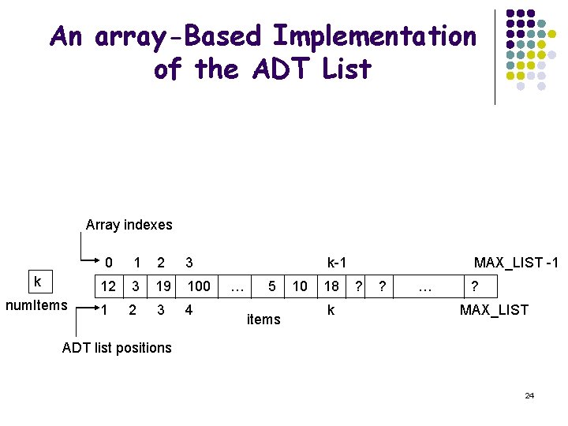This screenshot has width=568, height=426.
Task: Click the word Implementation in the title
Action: pyautogui.click(x=374, y=36)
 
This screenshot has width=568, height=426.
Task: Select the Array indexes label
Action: pyautogui.click(x=129, y=225)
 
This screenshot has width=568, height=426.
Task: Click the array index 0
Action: pyautogui.click(x=109, y=262)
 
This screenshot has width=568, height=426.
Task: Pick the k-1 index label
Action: pyautogui.click(x=338, y=262)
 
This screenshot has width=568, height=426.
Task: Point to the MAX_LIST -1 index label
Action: pyautogui.click(x=516, y=262)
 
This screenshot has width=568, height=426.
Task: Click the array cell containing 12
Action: pyautogui.click(x=108, y=286)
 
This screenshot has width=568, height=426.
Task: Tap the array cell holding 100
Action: pyautogui.click(x=199, y=286)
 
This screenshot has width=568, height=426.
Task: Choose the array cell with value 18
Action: pyautogui.click(x=331, y=286)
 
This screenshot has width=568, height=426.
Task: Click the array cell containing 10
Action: pyautogui.click(x=301, y=286)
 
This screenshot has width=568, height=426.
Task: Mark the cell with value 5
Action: pyautogui.click(x=271, y=286)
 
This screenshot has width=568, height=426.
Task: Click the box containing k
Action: pyautogui.click(x=37, y=281)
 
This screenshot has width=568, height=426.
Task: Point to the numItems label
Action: pyautogui.click(x=37, y=306)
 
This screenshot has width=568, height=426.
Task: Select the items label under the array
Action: pyautogui.click(x=263, y=319)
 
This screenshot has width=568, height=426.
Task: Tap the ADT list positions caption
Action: pyautogui.click(x=117, y=348)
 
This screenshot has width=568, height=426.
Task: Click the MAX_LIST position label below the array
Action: pyautogui.click(x=494, y=310)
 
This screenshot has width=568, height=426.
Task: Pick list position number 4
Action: pyautogui.click(x=189, y=310)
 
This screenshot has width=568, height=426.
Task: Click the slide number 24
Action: pyautogui.click(x=529, y=395)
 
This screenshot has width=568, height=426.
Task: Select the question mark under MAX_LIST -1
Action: pyautogui.click(x=474, y=286)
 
